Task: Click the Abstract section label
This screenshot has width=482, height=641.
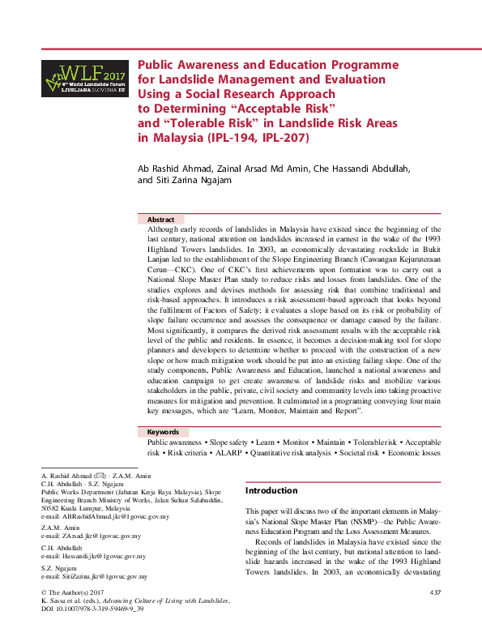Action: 160,220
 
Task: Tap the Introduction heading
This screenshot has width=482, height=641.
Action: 271,490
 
